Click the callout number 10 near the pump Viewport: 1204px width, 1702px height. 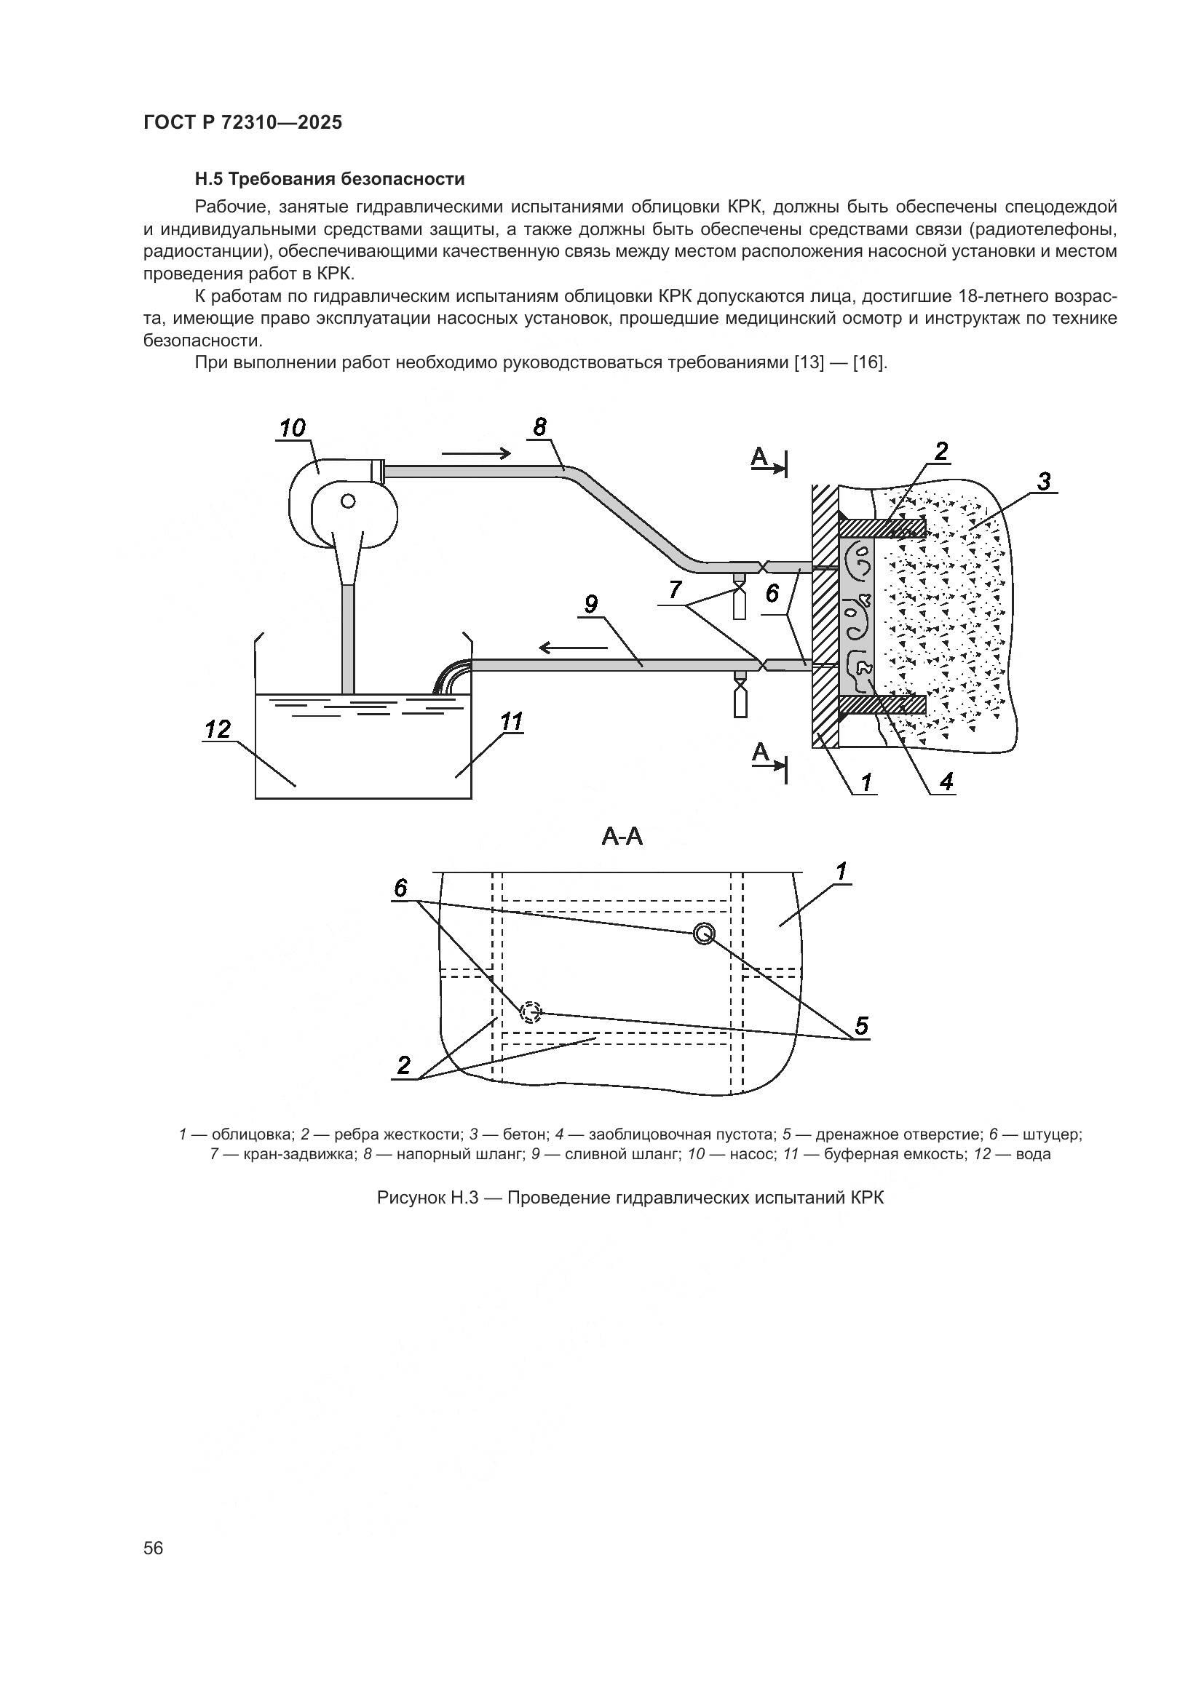click(293, 428)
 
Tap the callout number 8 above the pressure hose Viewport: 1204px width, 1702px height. click(539, 427)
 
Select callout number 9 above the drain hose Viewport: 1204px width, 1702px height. click(591, 605)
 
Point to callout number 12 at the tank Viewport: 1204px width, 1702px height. click(218, 729)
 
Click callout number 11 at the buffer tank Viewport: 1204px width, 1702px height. click(512, 721)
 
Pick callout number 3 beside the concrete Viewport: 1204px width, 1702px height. click(1044, 482)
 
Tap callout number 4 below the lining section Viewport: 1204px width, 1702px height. click(946, 782)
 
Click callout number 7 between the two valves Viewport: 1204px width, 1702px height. click(675, 589)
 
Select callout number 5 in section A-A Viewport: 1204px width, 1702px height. click(860, 1026)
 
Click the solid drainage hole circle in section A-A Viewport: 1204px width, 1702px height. click(704, 934)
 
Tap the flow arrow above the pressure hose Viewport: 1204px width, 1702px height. click(476, 453)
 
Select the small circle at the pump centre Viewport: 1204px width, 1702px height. click(348, 501)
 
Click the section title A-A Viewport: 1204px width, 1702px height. click(622, 837)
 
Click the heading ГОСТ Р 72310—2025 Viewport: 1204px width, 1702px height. click(242, 123)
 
